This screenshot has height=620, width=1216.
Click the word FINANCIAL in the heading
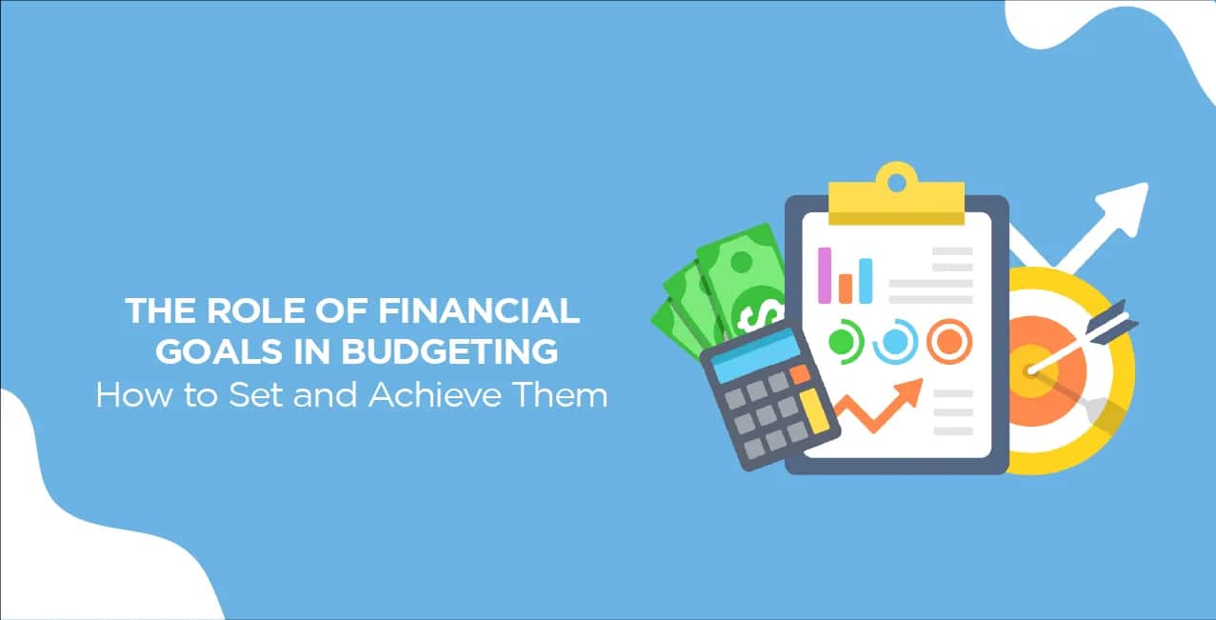(x=479, y=310)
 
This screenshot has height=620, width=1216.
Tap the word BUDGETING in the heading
(x=449, y=351)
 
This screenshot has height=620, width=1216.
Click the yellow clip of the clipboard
(x=896, y=194)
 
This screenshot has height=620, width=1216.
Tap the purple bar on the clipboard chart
(x=825, y=275)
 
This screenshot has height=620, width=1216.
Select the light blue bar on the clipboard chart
(x=866, y=281)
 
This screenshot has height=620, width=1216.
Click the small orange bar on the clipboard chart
(x=846, y=289)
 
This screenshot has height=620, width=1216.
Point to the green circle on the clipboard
(x=845, y=342)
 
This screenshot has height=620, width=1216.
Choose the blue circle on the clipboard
(x=895, y=342)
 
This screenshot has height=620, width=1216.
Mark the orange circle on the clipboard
(x=949, y=342)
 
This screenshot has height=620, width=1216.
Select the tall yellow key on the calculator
(x=814, y=411)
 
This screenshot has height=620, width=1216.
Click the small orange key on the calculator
(x=800, y=373)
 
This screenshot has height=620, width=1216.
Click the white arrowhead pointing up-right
(x=1125, y=208)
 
